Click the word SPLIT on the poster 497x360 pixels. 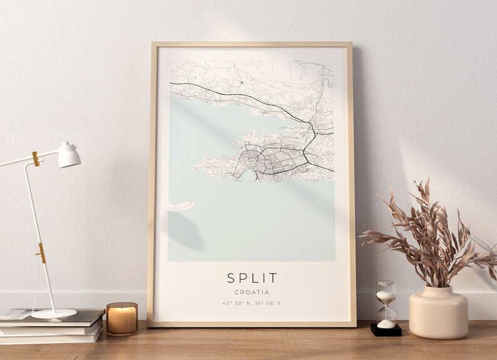click(252, 277)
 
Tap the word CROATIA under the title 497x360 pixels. click(252, 292)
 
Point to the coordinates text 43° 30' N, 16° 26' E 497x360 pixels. click(252, 304)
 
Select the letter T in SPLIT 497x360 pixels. click(274, 277)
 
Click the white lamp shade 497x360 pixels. click(69, 155)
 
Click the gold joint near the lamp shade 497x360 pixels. click(36, 159)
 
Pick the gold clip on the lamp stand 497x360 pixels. click(41, 253)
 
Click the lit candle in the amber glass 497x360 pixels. click(121, 318)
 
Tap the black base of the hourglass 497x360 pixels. click(386, 329)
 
